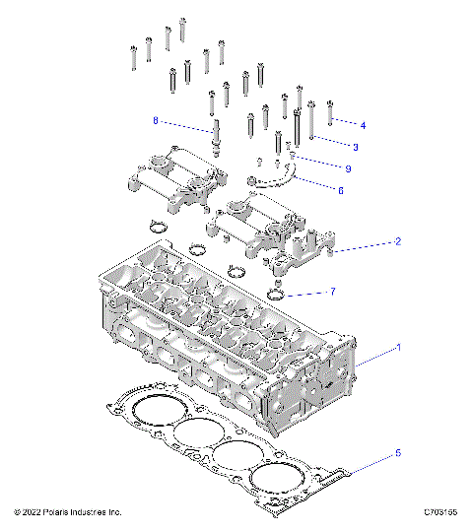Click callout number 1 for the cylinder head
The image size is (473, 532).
coord(398,348)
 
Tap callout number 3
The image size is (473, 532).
coord(355,147)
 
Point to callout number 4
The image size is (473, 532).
coord(363,126)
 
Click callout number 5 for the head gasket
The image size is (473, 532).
coord(398,453)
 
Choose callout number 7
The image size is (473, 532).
coord(333,292)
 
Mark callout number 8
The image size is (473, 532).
coord(155,121)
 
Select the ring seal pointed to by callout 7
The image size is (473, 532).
coord(279,296)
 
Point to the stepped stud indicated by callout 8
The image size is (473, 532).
coord(214,134)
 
